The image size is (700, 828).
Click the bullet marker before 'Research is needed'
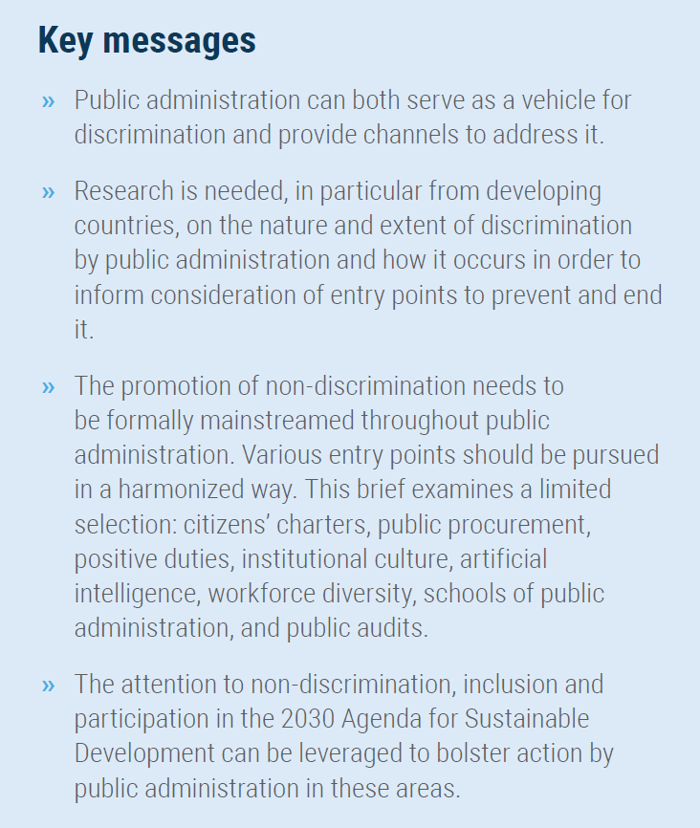point(49,192)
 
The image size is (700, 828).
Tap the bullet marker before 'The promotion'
point(49,387)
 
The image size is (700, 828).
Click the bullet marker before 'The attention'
point(49,686)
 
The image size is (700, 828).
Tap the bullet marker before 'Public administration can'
point(49,100)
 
